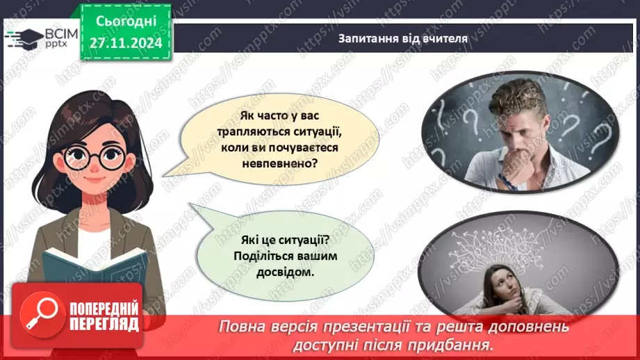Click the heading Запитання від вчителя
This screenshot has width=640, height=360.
[x=402, y=39]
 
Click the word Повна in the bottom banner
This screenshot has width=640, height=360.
[x=242, y=327]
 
